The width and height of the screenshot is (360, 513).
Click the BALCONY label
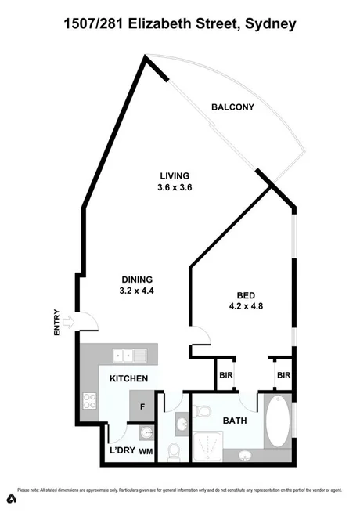tap(233, 107)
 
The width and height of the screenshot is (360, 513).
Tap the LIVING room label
tap(175, 175)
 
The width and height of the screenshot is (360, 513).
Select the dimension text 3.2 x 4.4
tap(136, 291)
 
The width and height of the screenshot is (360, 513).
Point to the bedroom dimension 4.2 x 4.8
tap(244, 306)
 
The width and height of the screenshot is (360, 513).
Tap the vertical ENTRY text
tap(57, 321)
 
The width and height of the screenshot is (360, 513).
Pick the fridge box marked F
tap(142, 406)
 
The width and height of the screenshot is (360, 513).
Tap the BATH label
tap(232, 421)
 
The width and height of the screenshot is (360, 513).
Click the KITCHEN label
tap(129, 378)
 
